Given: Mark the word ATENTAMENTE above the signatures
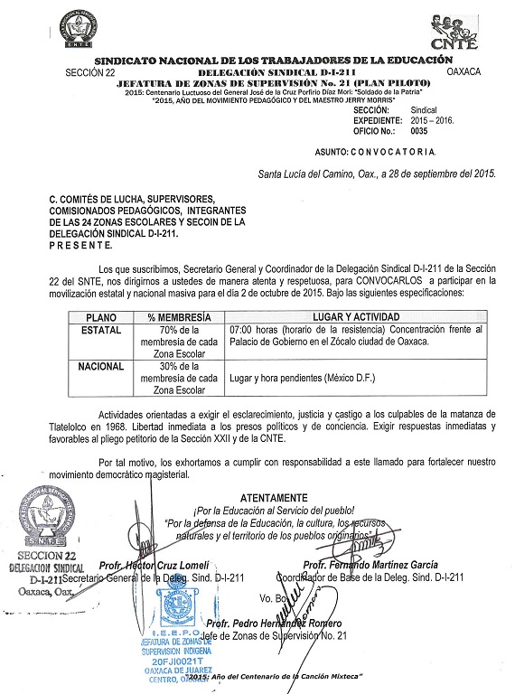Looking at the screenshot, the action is (275, 499).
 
